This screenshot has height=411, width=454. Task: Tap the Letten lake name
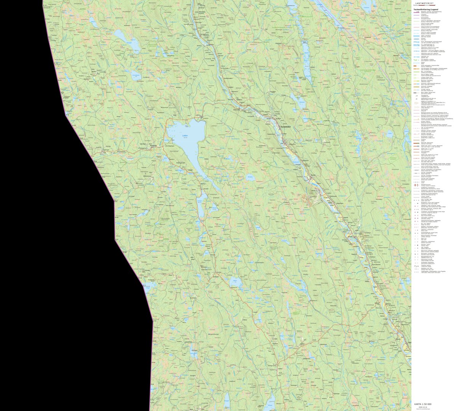click(185, 135)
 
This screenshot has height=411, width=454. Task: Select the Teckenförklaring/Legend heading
click(424, 10)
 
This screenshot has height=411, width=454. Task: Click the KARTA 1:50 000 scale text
click(423, 404)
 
